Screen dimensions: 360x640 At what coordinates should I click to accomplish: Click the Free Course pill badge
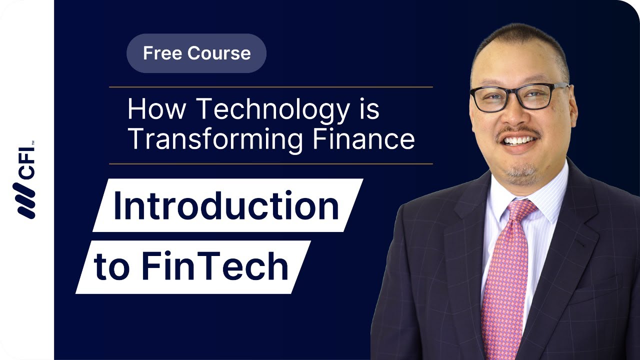196,53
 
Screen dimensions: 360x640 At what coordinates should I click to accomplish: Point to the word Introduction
226,205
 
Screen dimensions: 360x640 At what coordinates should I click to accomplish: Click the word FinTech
215,266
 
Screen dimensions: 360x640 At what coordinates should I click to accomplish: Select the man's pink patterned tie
505,280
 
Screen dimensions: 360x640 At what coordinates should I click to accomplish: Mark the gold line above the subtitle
270,87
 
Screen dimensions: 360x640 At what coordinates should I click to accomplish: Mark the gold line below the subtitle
270,163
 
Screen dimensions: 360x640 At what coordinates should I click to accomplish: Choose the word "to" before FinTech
111,267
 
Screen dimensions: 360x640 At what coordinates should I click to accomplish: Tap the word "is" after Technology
368,109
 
